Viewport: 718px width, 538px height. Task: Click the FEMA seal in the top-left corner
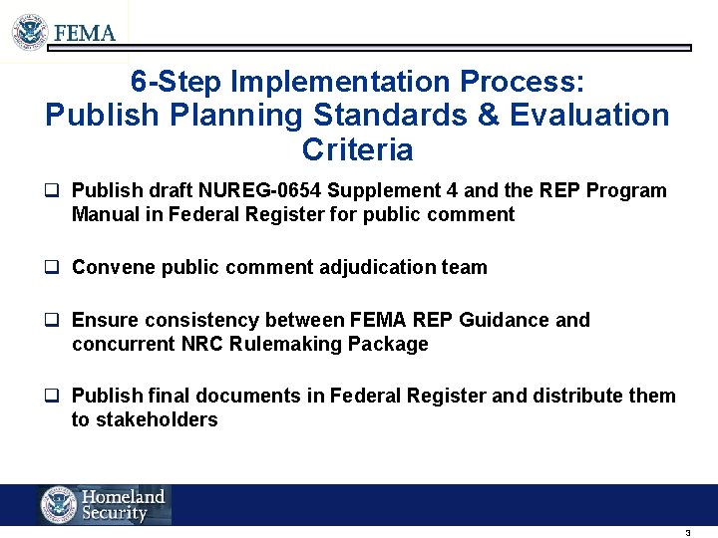pyautogui.click(x=30, y=32)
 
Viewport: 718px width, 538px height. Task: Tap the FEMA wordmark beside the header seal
pyautogui.click(x=85, y=33)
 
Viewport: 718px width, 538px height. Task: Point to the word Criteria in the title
pyautogui.click(x=357, y=150)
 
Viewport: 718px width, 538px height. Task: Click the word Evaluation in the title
pyautogui.click(x=589, y=116)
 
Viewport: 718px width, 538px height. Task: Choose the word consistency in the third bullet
pyautogui.click(x=204, y=320)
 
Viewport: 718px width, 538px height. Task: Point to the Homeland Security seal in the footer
pyautogui.click(x=59, y=505)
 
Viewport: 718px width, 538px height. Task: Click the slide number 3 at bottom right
pyautogui.click(x=687, y=533)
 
